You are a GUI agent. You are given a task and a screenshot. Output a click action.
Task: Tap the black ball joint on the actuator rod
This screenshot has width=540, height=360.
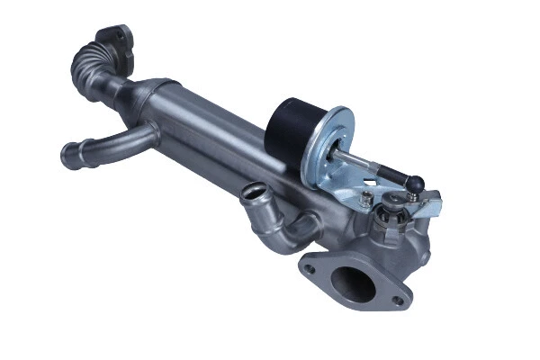415,183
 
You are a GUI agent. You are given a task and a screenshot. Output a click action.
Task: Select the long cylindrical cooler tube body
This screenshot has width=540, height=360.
216,144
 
